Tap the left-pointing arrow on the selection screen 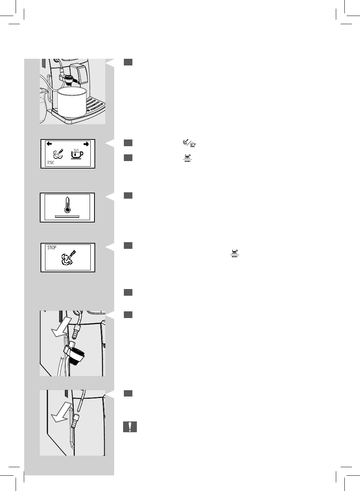coord(49,144)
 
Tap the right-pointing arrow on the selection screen coord(86,144)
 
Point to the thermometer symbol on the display coord(67,205)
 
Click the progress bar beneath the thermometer coord(67,215)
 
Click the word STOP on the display coord(52,248)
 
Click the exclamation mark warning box coord(130,427)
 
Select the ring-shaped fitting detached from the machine coord(76,354)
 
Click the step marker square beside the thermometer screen coord(128,196)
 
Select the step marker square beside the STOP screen coord(128,245)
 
